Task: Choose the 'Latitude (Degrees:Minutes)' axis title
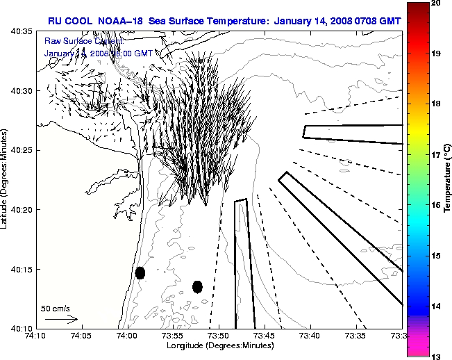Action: click(5, 179)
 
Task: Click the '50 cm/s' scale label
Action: click(56, 308)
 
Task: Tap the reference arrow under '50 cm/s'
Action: click(61, 320)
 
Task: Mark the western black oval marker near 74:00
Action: click(140, 272)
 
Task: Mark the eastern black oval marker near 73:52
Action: click(197, 286)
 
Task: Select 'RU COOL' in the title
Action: click(67, 20)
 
